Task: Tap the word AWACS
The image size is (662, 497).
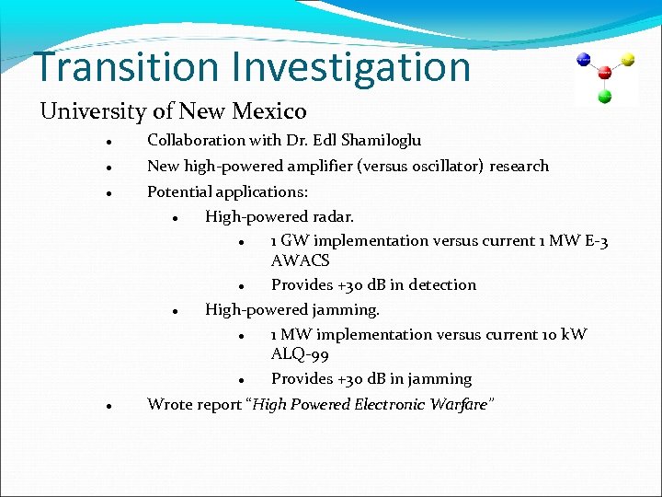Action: [300, 261]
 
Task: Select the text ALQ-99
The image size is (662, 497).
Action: [300, 355]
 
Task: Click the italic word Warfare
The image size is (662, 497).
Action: [459, 405]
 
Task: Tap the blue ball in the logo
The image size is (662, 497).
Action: [583, 60]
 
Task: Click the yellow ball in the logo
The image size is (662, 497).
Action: [629, 60]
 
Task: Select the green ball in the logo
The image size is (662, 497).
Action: [605, 96]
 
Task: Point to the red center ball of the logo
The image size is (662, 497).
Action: [605, 73]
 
